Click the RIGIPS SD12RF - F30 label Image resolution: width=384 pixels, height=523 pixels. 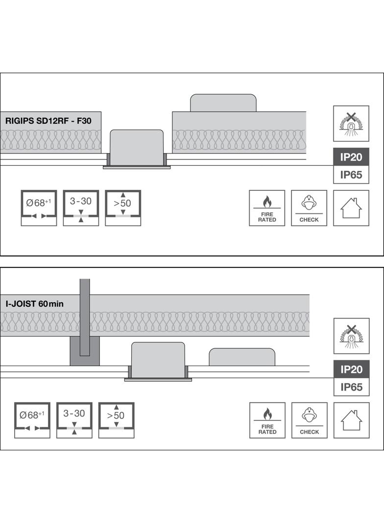48,120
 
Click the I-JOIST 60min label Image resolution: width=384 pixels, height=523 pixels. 34,304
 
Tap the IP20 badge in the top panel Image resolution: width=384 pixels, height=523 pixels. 351,157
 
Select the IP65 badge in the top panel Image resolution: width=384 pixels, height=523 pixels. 351,175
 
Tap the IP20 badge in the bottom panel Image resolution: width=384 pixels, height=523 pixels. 351,369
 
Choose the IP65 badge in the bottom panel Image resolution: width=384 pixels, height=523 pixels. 351,387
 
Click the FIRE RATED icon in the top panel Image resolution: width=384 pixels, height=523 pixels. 267,208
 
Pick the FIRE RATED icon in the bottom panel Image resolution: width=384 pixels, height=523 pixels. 267,420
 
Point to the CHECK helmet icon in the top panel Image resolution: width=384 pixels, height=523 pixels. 309,208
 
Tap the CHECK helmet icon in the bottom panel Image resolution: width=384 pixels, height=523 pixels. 310,420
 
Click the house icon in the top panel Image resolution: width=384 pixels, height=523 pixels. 351,208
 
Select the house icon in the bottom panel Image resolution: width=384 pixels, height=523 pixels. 351,420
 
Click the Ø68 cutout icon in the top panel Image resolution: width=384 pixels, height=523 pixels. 39,208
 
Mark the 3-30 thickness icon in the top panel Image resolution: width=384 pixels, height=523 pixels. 81,208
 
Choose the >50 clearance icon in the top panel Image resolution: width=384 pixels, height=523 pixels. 123,208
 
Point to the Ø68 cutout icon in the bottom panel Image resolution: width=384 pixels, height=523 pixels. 32,420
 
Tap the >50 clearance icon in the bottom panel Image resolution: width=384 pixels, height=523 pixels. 116,420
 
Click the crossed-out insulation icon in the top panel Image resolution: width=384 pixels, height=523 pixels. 351,124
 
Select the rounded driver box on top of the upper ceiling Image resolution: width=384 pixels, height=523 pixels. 223,103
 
